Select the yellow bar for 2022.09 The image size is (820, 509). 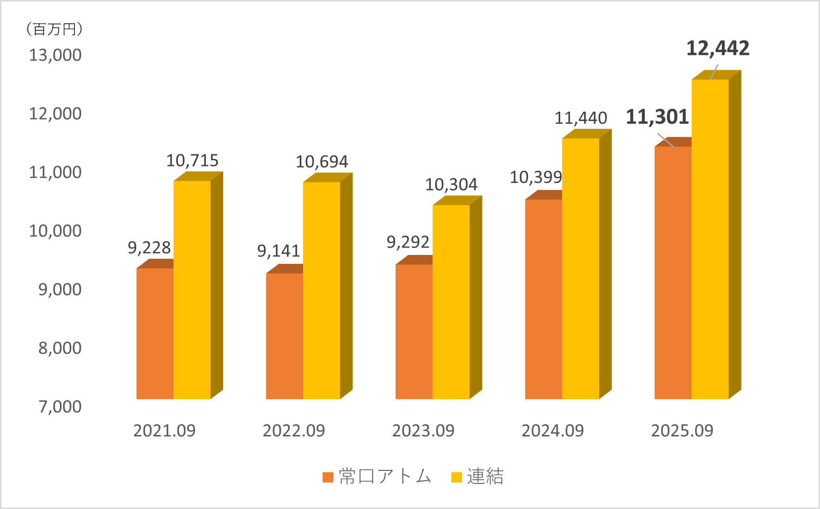[322, 290]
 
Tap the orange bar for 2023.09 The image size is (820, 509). [414, 331]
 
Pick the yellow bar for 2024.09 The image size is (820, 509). [581, 268]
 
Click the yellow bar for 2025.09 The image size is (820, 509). [710, 239]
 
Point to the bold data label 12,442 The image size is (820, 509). [718, 48]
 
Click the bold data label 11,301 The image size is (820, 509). [657, 117]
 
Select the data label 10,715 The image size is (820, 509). [192, 161]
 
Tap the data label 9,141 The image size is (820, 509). [278, 251]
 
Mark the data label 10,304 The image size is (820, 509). [451, 185]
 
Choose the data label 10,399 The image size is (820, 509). [536, 177]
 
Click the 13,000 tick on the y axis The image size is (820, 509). [55, 55]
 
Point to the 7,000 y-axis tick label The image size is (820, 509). [60, 407]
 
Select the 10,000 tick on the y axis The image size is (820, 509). [55, 231]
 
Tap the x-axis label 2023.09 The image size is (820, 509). [423, 431]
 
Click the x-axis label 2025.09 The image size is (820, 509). [682, 431]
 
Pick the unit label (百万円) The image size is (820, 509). [53, 29]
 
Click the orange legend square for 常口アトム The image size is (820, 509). [328, 477]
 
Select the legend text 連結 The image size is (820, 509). [485, 476]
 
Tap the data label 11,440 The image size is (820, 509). [581, 118]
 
